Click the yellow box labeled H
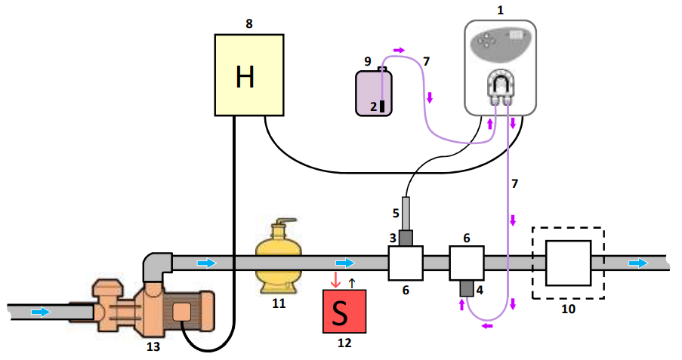pyautogui.click(x=249, y=74)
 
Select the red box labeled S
pyautogui.click(x=344, y=311)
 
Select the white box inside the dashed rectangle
pyautogui.click(x=567, y=263)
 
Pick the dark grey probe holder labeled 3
pyautogui.click(x=406, y=238)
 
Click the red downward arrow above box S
pyautogui.click(x=335, y=282)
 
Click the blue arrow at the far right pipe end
pyautogui.click(x=638, y=263)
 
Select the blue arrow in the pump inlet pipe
pyautogui.click(x=42, y=311)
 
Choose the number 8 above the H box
pyautogui.click(x=249, y=23)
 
